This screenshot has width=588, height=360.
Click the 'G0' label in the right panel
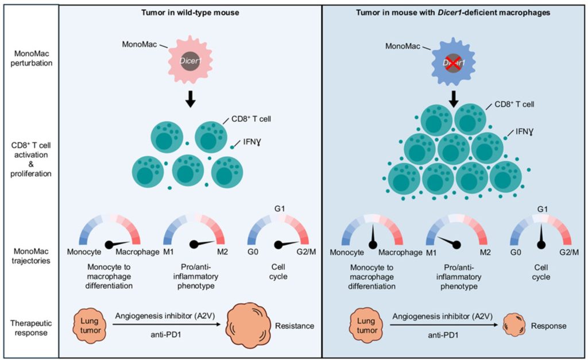point(516,252)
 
